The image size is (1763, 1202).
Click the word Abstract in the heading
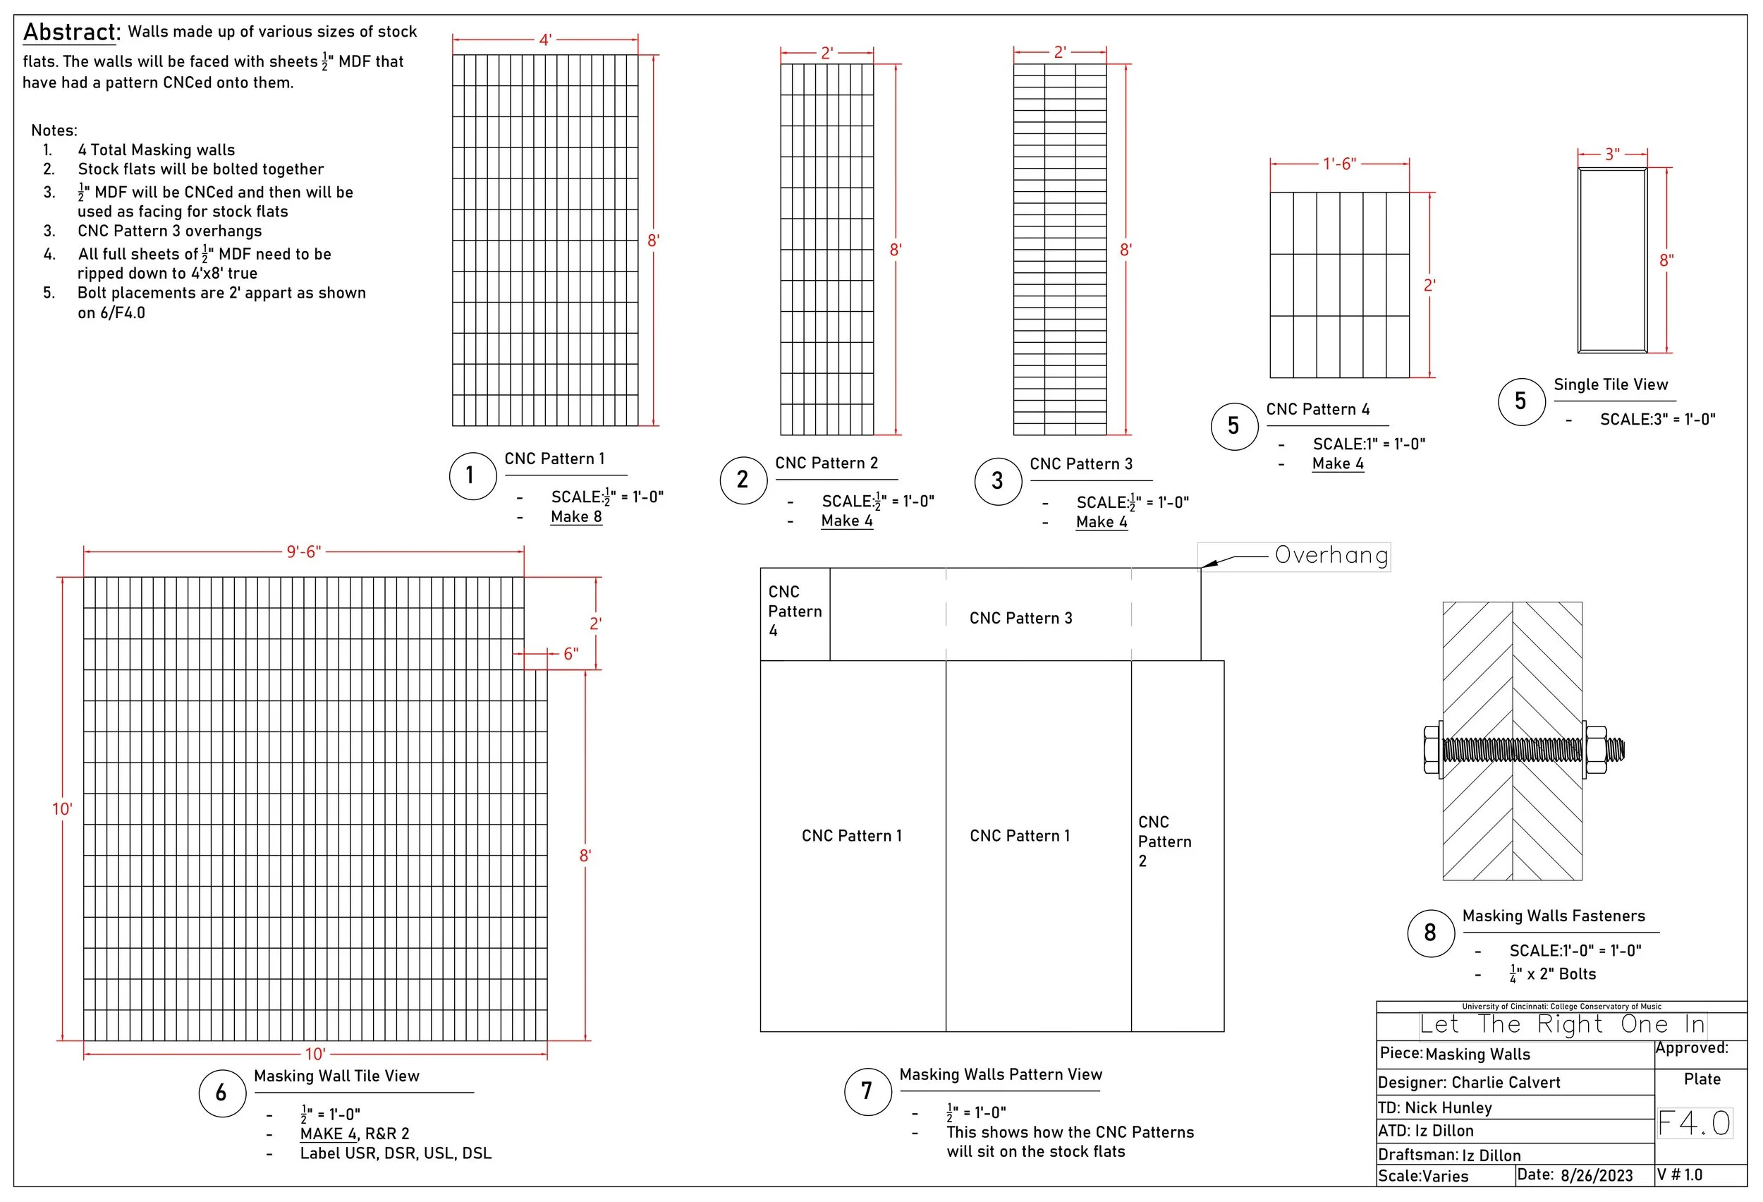(71, 32)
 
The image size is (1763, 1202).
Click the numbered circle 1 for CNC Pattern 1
(472, 475)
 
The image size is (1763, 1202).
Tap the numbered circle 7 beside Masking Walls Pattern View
(867, 1091)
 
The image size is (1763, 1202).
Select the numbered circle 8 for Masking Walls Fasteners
(1430, 933)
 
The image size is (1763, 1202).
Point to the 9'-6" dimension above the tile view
(303, 552)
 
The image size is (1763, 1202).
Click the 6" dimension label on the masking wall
(571, 654)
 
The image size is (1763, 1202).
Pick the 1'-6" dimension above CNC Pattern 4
(1339, 164)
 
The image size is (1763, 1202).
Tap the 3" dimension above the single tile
(1612, 154)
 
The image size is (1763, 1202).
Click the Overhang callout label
(1331, 555)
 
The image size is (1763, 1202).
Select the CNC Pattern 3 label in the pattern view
(1020, 619)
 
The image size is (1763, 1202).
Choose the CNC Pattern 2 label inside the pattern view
(1164, 842)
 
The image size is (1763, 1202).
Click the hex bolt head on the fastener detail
(1432, 751)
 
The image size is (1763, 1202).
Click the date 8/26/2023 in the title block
(1596, 1175)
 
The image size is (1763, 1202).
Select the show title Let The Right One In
(1562, 1024)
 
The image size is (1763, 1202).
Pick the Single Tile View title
(1611, 384)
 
